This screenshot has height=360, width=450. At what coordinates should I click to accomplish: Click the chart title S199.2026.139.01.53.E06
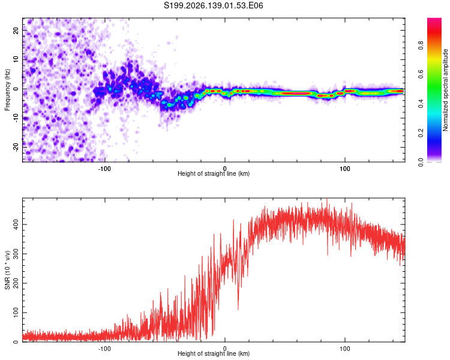click(x=213, y=5)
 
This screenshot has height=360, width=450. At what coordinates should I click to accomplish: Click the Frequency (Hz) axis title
click(x=7, y=90)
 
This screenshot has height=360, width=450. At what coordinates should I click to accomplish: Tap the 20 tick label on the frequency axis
click(x=16, y=31)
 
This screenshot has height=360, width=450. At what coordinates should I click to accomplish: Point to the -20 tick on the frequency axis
click(x=16, y=147)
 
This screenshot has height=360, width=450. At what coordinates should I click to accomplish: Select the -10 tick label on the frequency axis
click(x=16, y=118)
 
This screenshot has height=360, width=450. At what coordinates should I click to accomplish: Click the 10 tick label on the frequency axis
click(x=16, y=60)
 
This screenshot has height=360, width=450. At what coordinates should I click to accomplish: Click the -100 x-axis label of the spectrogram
click(x=104, y=169)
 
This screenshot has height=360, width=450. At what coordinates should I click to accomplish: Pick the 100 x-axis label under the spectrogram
click(x=344, y=169)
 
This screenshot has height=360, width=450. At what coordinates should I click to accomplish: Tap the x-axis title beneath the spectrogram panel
click(x=214, y=173)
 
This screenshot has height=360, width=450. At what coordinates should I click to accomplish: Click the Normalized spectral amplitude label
click(x=445, y=90)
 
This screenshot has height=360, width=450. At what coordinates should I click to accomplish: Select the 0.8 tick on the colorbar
click(x=421, y=46)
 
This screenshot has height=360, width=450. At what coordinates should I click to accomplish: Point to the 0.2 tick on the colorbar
click(x=421, y=133)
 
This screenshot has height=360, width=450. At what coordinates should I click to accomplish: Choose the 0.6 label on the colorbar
click(x=421, y=74)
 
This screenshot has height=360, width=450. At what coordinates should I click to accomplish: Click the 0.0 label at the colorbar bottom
click(x=421, y=162)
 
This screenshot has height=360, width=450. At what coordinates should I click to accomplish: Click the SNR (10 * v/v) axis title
click(x=7, y=270)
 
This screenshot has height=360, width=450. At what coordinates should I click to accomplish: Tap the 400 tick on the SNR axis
click(x=16, y=224)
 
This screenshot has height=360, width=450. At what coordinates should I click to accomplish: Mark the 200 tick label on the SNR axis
click(x=16, y=283)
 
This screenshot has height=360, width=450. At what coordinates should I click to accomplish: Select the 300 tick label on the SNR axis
click(x=16, y=254)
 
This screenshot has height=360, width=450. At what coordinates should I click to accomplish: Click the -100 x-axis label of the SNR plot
click(x=104, y=349)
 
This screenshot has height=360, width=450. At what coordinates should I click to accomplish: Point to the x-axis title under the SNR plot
click(x=214, y=353)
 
